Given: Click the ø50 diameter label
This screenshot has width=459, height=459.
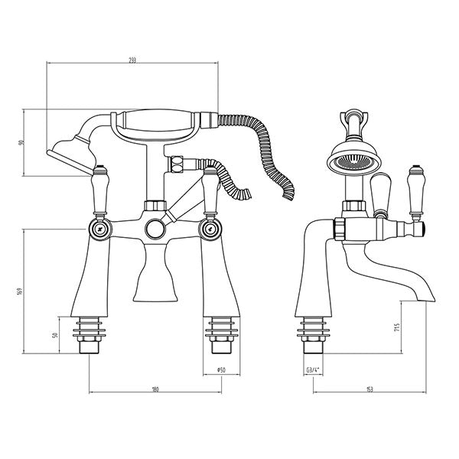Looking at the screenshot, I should click(220, 369).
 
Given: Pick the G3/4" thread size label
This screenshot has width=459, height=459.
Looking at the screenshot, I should click(312, 369).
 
